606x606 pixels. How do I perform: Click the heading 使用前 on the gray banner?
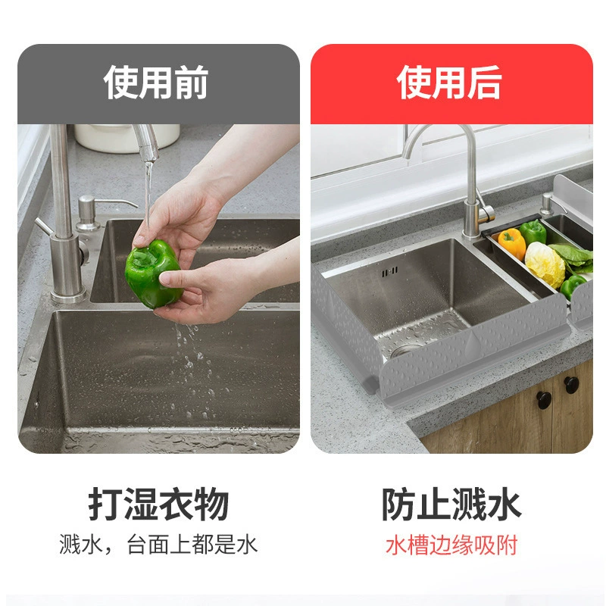(156, 83)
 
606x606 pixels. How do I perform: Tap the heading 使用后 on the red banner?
(449, 83)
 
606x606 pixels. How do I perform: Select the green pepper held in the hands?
(154, 273)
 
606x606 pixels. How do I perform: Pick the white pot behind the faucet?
(127, 138)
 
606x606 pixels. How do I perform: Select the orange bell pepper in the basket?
(512, 243)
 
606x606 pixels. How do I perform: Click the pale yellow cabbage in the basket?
(545, 264)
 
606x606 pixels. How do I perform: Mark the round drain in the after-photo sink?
(403, 351)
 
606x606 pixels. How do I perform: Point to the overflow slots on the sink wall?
(389, 273)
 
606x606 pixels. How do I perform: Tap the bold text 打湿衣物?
(158, 504)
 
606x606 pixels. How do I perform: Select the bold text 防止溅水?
(451, 504)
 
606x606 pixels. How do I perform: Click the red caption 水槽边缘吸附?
(451, 545)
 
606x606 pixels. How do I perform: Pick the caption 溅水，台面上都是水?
(158, 545)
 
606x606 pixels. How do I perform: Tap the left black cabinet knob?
(544, 400)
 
